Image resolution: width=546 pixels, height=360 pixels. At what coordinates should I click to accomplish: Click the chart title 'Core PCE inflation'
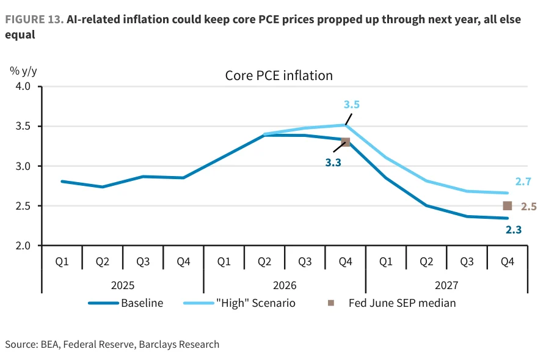point(279,76)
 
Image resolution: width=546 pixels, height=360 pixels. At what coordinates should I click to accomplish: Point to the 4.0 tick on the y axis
point(23,86)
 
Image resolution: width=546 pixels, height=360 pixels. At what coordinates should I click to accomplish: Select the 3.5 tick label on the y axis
point(23,126)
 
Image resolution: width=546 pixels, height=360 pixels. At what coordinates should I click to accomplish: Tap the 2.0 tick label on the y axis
point(23,246)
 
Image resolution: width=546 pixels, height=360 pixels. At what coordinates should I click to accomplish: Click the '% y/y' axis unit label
point(23,71)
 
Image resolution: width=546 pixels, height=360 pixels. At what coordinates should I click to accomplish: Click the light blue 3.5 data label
point(352,105)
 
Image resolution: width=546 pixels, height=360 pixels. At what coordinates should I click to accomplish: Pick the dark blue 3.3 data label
point(333,163)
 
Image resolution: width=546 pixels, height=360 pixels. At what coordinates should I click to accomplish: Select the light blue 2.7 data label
point(523,182)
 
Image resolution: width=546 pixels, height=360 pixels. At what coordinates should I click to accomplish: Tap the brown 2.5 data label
point(528,207)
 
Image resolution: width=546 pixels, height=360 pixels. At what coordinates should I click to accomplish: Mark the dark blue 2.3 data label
point(514,230)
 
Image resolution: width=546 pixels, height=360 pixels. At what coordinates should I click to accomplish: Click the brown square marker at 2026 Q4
point(346,142)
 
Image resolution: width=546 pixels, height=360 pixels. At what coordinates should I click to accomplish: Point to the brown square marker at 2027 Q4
point(508,206)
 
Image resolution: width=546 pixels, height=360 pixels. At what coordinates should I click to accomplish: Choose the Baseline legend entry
point(126,303)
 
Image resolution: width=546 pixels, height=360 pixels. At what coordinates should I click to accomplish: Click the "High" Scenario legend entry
point(239,303)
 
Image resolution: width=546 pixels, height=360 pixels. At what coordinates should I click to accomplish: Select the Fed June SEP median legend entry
point(392,303)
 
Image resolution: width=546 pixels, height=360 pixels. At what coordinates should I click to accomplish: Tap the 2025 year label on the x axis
point(123,285)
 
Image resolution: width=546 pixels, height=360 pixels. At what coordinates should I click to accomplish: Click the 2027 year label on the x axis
point(446,285)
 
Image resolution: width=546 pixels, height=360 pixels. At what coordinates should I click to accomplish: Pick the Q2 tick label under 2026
point(264,262)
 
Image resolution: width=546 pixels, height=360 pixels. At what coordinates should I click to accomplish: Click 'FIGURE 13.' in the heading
point(34,20)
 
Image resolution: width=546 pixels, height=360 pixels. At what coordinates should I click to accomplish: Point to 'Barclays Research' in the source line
point(179,344)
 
